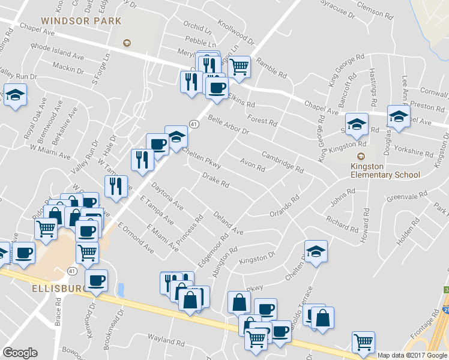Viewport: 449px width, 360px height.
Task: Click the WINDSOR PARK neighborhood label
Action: pos(81,21)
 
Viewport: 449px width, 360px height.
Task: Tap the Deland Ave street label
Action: pos(228,223)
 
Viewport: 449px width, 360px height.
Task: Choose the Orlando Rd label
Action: pos(284,207)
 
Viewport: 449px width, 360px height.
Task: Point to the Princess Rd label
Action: pos(192,230)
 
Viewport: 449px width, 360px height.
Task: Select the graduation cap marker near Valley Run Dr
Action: pos(15,95)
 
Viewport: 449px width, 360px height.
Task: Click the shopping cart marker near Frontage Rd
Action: pos(363,341)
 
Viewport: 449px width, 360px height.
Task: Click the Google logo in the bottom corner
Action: pos(20,353)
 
